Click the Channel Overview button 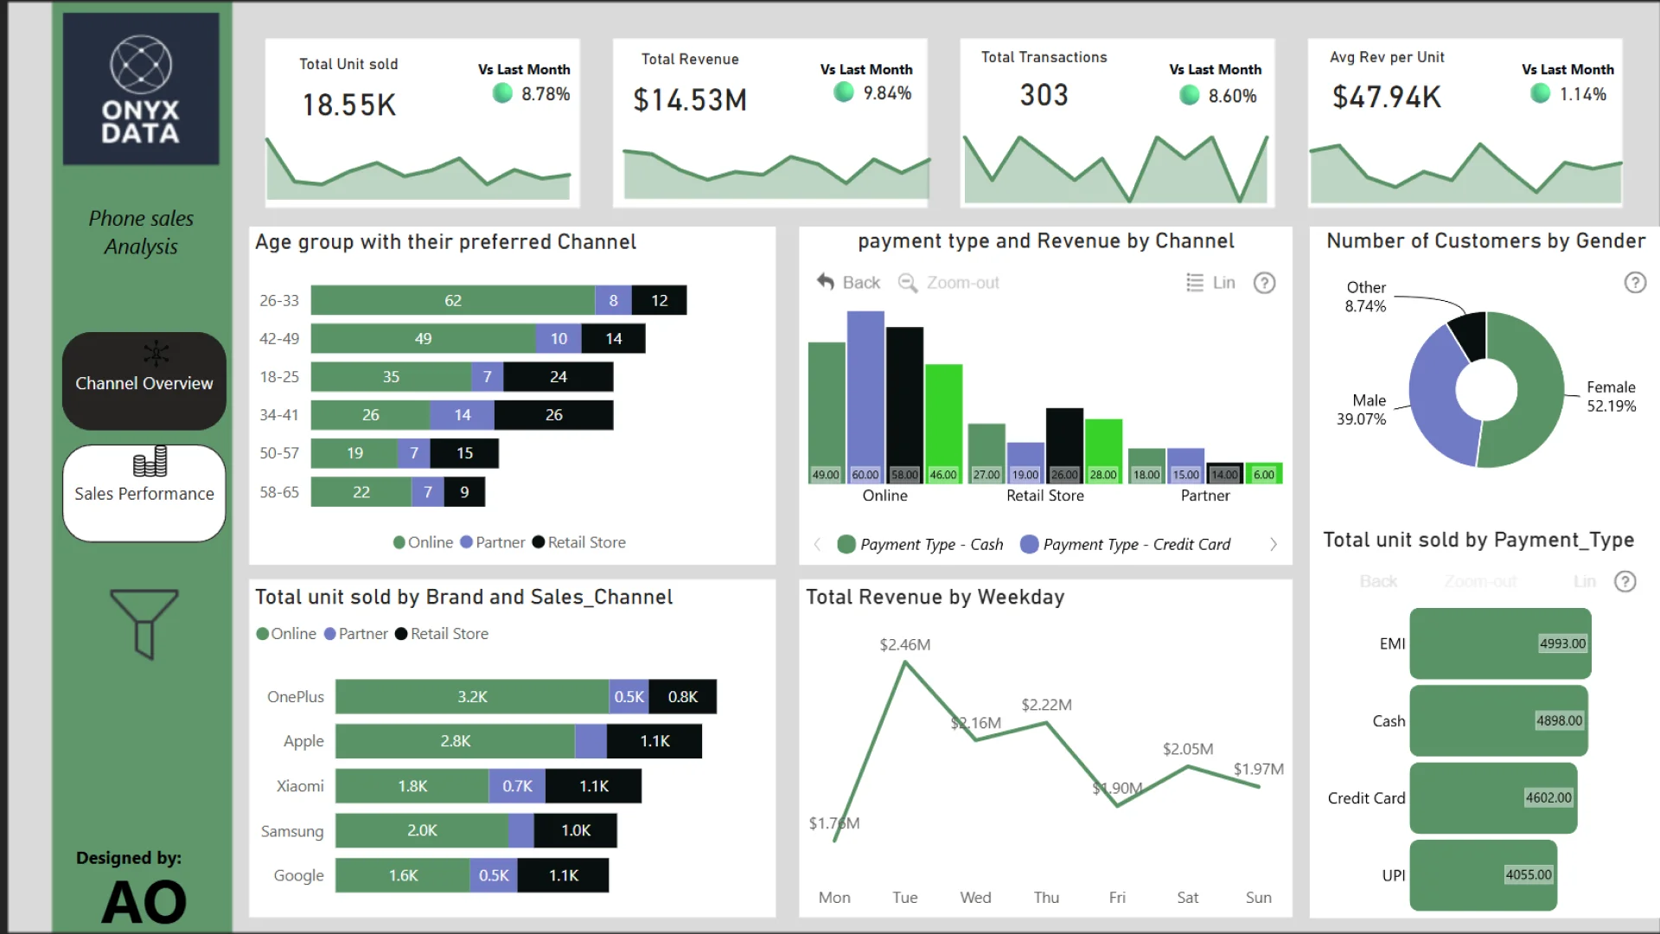[144, 381]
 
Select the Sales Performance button [144, 492]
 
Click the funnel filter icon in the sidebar [144, 624]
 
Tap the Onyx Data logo [141, 89]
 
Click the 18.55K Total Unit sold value [348, 105]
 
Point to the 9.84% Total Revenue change [887, 93]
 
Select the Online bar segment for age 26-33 [452, 300]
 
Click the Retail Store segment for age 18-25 [559, 377]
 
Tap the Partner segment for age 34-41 [463, 415]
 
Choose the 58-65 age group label [279, 492]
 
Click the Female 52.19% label [1611, 397]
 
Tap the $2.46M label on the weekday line [904, 644]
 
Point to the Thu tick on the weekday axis [1046, 898]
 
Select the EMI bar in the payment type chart [1500, 643]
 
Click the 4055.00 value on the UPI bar [1528, 874]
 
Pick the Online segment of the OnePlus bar [472, 696]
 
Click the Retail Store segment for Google [564, 875]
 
